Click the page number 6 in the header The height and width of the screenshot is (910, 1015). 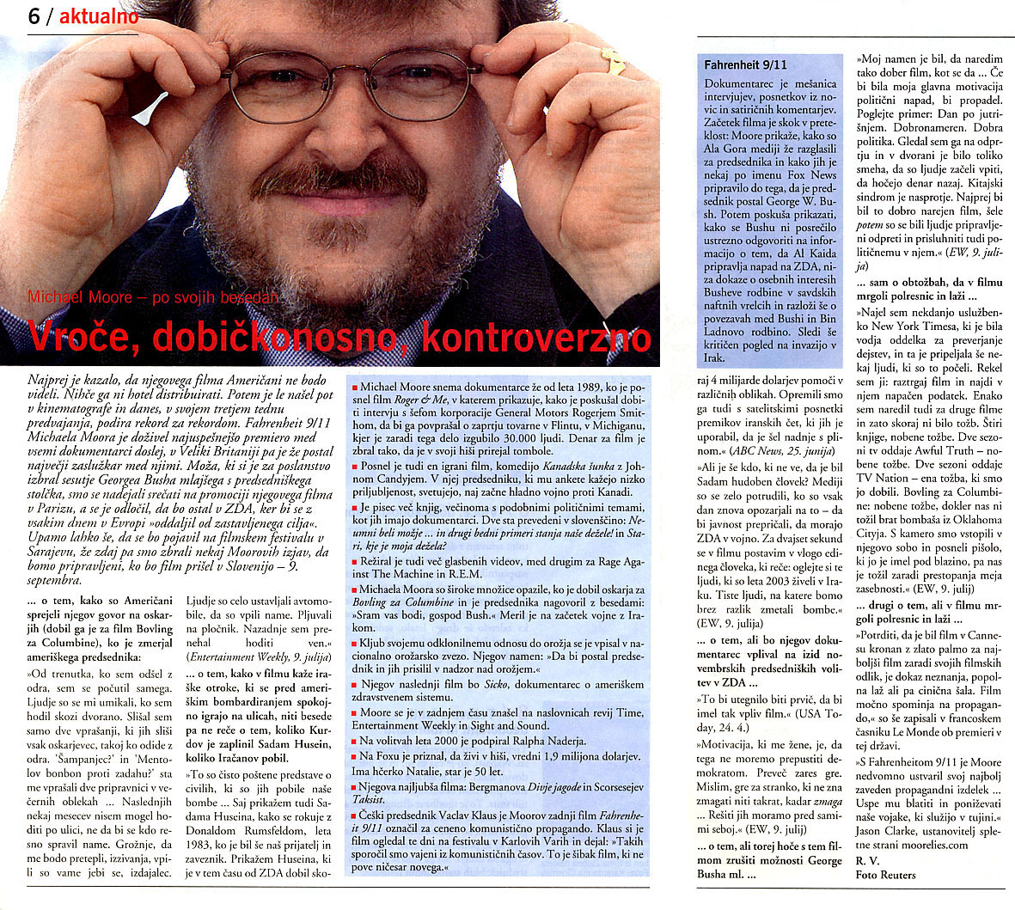[34, 15]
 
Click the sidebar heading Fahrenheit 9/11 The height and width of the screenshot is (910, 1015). [745, 64]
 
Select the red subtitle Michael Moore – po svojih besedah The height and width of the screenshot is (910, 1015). [155, 297]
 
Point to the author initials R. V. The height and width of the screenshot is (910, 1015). [866, 861]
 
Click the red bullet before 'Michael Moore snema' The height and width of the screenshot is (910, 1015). [355, 389]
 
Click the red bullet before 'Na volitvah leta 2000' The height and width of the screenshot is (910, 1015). [355, 741]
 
